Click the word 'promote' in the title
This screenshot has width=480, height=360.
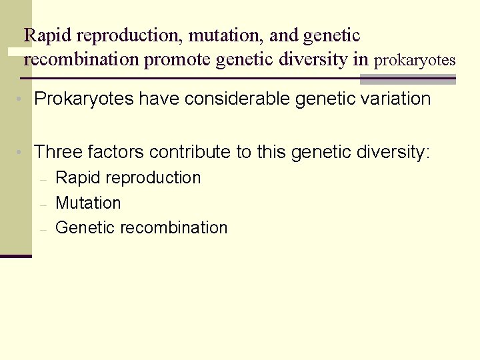tap(178, 60)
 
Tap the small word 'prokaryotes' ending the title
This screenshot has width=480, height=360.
tap(415, 61)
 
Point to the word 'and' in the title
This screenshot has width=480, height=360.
tap(284, 35)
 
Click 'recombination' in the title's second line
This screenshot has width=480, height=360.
tap(81, 60)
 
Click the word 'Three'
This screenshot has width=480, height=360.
tap(58, 153)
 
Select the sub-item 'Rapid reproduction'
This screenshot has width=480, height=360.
tap(128, 178)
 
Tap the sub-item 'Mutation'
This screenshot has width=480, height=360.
tap(88, 203)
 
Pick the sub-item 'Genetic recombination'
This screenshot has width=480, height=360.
tap(141, 227)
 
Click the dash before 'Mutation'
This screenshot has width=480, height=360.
tap(42, 204)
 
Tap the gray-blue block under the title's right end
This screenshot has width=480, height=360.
tap(407, 79)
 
